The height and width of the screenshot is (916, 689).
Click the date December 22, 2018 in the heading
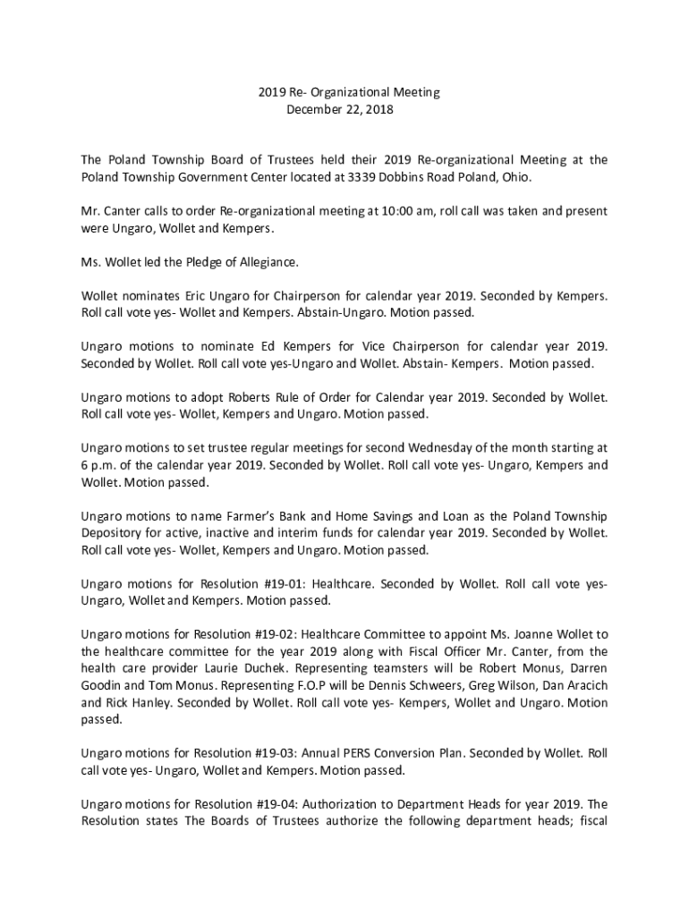click(x=339, y=110)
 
